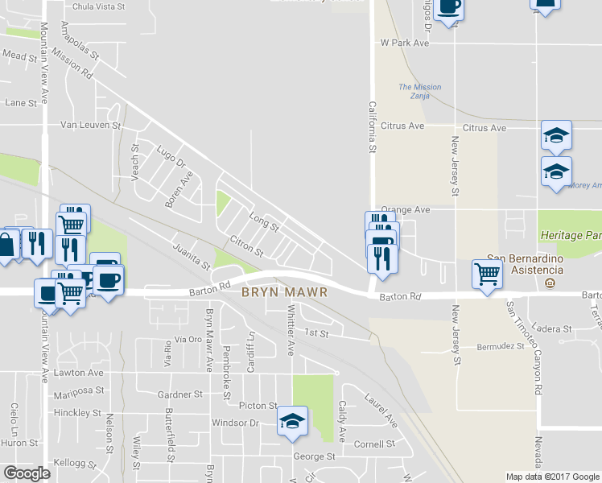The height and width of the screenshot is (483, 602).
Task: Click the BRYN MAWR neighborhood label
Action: [284, 292]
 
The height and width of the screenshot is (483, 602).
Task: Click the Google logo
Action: [27, 473]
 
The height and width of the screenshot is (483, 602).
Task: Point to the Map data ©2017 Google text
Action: [552, 477]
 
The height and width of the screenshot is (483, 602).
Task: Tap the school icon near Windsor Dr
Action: [292, 421]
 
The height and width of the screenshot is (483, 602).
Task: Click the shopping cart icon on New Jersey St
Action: [487, 275]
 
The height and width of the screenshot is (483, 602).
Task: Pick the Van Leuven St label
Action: [90, 126]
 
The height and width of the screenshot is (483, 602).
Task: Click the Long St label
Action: [263, 221]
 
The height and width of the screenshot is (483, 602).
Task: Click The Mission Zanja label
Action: [420, 91]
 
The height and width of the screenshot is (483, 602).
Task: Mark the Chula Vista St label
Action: [99, 6]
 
